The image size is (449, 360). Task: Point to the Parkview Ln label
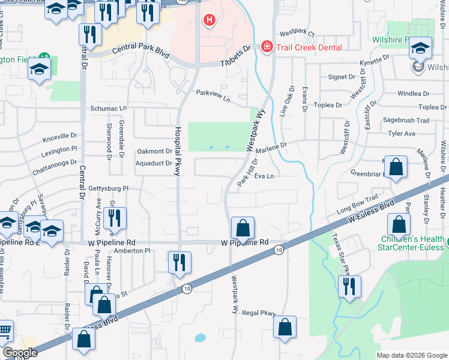click(x=213, y=95)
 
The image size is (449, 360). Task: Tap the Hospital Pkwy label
click(x=178, y=150)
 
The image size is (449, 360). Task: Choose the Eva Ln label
click(x=264, y=176)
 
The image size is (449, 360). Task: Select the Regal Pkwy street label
click(x=259, y=313)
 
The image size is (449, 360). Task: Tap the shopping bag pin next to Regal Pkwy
click(x=285, y=327)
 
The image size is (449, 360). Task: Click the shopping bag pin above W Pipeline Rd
click(x=243, y=228)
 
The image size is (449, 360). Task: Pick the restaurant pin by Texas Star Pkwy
click(x=349, y=286)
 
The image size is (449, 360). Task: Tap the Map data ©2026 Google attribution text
click(x=411, y=355)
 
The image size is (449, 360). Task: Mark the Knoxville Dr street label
click(x=60, y=137)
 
